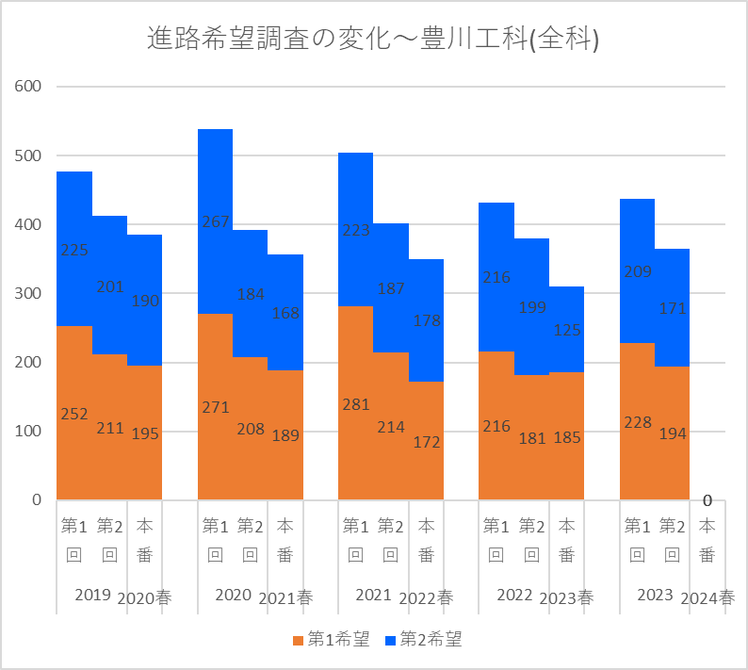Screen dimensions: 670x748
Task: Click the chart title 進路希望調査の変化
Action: [x=374, y=39]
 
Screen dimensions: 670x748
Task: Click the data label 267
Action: [x=215, y=222]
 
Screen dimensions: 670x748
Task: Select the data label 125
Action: [x=567, y=331]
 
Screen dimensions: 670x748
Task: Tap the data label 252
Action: [x=74, y=414]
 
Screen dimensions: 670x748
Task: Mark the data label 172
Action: [x=427, y=441]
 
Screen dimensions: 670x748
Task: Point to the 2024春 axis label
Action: [x=707, y=597]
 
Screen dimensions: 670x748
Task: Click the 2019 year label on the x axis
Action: [x=92, y=596]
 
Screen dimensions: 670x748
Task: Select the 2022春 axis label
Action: [x=426, y=597]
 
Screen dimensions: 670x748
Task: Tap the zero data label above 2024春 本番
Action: [x=707, y=500]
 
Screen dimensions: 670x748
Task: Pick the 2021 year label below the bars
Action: [x=373, y=596]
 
